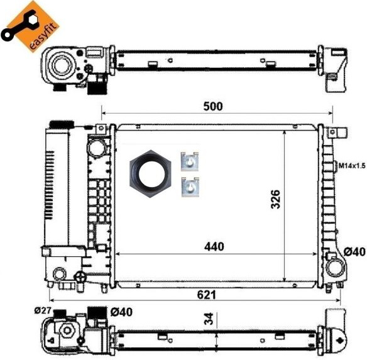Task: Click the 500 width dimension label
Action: [x=213, y=107]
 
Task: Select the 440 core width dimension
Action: [x=214, y=246]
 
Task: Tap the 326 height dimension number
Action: [x=275, y=199]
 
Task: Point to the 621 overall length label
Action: [x=206, y=295]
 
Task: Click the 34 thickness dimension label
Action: [x=209, y=319]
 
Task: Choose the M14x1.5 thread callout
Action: [x=352, y=166]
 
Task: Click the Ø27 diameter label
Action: [x=42, y=310]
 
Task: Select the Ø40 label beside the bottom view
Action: [x=121, y=312]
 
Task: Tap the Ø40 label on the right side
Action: [x=354, y=252]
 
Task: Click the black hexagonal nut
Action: [x=150, y=174]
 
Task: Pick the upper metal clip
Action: [x=190, y=161]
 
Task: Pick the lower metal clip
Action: [x=190, y=187]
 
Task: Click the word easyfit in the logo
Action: [x=44, y=36]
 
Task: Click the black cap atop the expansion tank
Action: [x=62, y=124]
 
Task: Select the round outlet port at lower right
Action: [x=335, y=268]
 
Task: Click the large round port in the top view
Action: [x=62, y=65]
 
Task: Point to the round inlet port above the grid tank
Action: [x=96, y=148]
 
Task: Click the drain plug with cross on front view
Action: [x=80, y=276]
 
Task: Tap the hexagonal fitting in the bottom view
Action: [x=68, y=330]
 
